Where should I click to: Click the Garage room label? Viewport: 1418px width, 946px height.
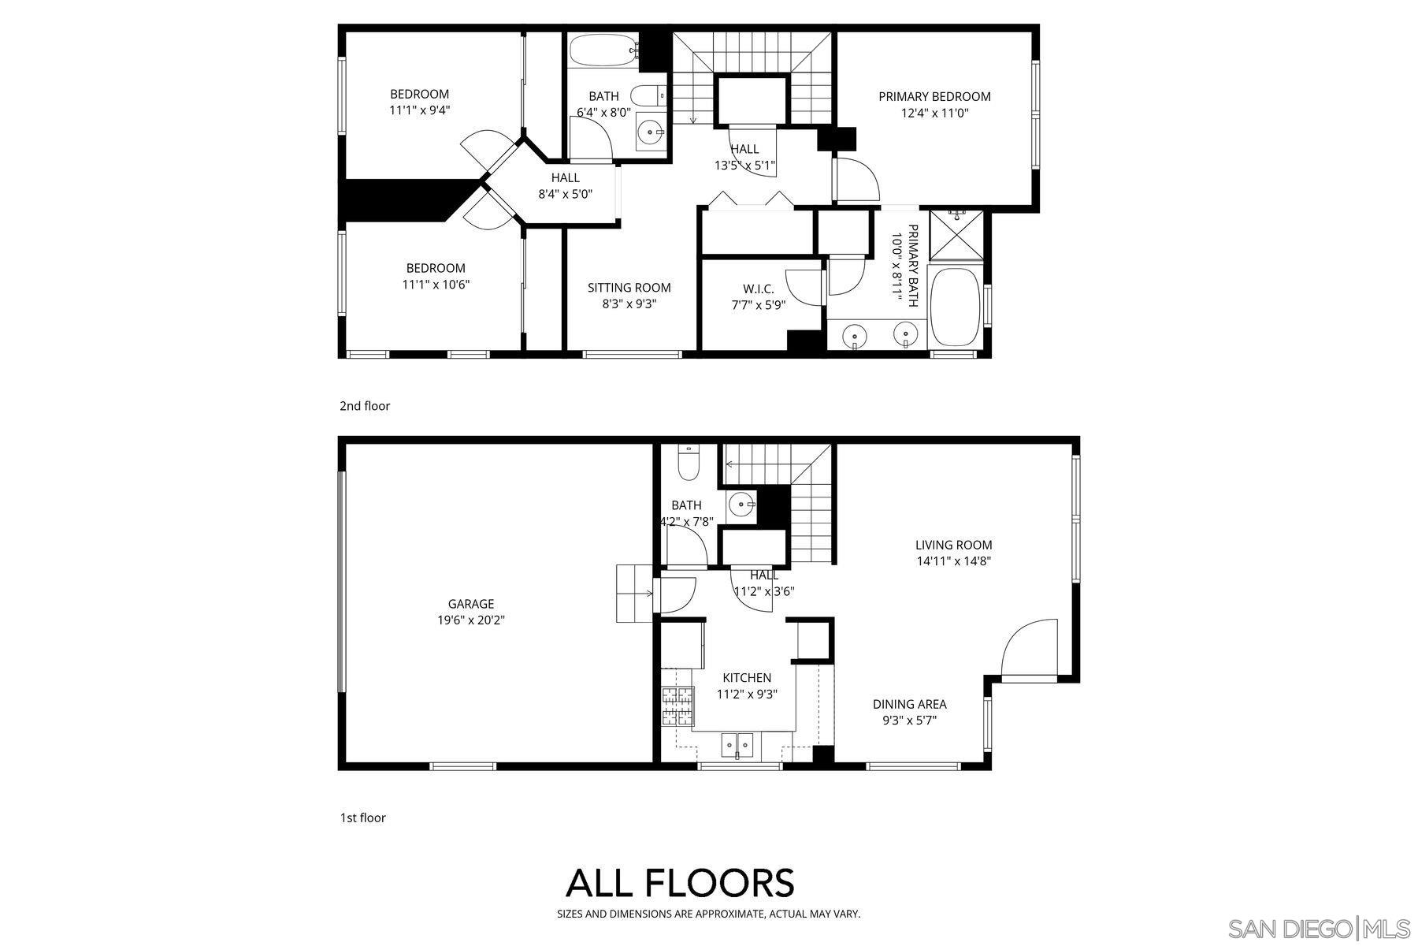[470, 604]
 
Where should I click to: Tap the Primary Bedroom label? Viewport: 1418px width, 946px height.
[934, 96]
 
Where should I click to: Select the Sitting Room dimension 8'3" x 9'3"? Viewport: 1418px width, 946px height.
[629, 304]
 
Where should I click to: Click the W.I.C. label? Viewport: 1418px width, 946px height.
[758, 289]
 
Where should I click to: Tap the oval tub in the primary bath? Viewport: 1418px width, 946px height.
[955, 307]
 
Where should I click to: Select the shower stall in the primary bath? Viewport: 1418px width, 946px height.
[957, 234]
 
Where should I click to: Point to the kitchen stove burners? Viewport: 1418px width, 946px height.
[677, 706]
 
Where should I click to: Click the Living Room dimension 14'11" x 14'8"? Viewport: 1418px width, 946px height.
[953, 561]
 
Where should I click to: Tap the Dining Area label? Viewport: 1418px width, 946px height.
[909, 704]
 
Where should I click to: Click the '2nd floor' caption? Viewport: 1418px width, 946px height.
[365, 406]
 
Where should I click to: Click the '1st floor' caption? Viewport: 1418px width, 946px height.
[362, 818]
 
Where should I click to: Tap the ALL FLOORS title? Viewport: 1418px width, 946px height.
[679, 883]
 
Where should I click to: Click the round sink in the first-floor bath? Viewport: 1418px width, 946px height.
[741, 504]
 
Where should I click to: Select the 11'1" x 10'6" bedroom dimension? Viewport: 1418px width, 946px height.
[436, 285]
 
